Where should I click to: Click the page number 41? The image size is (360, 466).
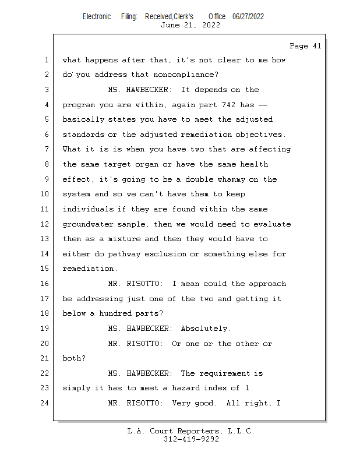tap(317, 46)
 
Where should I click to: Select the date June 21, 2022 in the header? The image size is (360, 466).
tap(190, 25)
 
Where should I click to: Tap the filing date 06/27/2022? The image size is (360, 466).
tap(248, 17)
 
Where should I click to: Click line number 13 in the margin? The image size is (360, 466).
tap(45, 239)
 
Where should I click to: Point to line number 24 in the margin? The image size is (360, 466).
tap(45, 403)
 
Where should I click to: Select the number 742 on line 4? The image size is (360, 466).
tap(228, 105)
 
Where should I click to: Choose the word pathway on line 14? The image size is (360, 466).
tap(124, 255)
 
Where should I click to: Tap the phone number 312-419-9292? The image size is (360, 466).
tap(192, 439)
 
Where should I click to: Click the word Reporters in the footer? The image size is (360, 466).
tap(198, 431)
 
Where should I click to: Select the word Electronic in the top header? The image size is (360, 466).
tap(97, 17)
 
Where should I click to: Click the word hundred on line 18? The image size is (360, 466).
tap(115, 313)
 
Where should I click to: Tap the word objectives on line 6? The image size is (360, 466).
tap(259, 135)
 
